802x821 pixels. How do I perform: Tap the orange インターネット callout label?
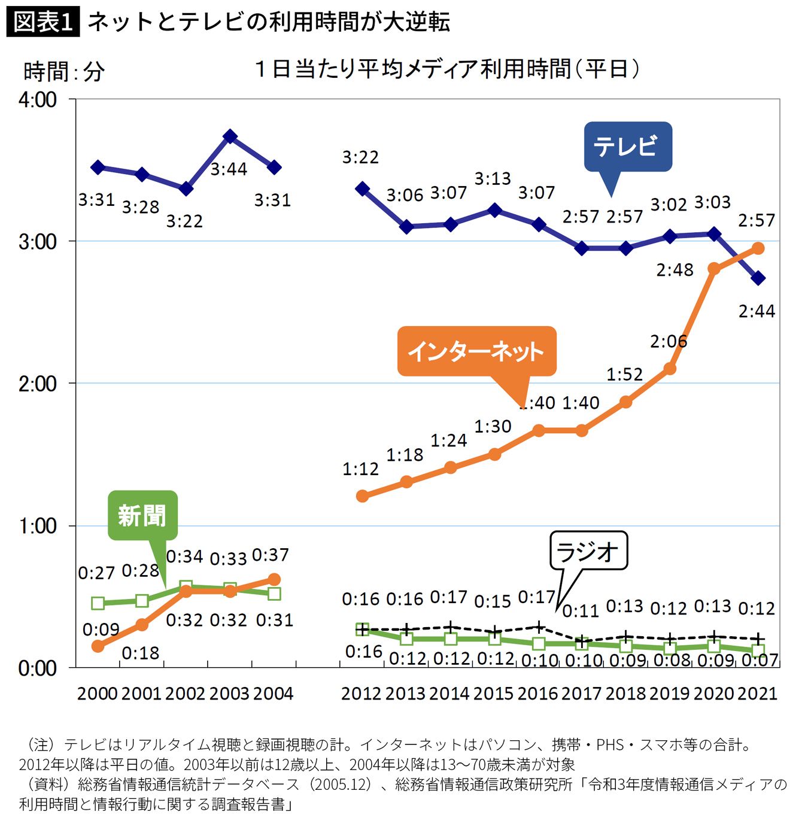[476, 351]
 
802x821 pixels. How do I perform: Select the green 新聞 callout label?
[142, 515]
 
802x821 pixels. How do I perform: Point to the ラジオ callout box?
[588, 551]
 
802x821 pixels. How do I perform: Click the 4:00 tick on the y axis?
[38, 99]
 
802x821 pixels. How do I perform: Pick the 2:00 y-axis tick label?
[38, 384]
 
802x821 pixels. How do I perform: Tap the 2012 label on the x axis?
[361, 694]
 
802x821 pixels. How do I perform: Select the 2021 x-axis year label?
[757, 694]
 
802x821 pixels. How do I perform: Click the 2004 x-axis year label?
[273, 694]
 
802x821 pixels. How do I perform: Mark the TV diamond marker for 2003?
[230, 136]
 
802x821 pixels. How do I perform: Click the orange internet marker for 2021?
[758, 248]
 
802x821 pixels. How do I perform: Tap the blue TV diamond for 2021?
[758, 278]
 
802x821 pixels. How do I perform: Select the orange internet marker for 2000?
[98, 646]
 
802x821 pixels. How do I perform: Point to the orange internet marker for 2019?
[670, 369]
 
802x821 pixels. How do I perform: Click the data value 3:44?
[229, 169]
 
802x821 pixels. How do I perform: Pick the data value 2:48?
[675, 270]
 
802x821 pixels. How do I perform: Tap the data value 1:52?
[624, 375]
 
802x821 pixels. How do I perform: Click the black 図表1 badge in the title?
[43, 22]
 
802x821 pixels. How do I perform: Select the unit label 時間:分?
[64, 72]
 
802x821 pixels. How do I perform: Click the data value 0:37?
[271, 555]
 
